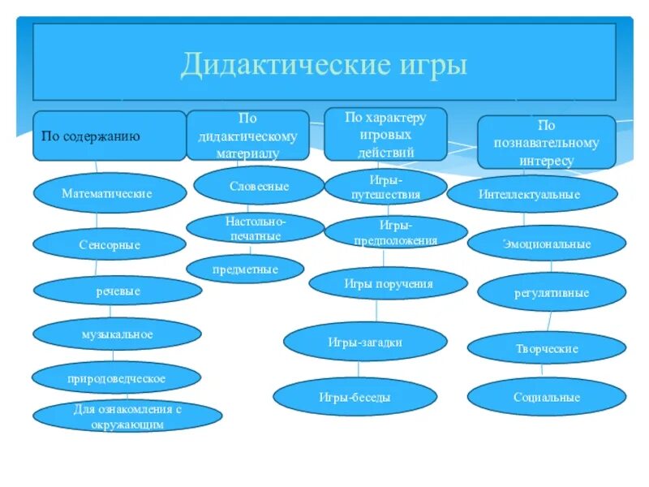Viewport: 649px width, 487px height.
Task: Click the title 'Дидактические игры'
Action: pos(324,62)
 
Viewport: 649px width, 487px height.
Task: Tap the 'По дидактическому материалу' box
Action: pos(247,135)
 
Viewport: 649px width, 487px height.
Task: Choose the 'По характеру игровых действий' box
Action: pos(385,134)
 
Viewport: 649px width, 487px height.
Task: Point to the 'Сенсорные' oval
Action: pos(110,244)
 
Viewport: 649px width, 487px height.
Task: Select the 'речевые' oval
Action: pos(118,291)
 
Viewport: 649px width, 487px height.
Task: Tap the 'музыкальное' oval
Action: pos(117,334)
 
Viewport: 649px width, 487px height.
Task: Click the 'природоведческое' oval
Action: pos(116,378)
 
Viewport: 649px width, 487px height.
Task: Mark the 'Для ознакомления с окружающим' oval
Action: pos(128,416)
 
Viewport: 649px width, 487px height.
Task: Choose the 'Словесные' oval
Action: pos(259,186)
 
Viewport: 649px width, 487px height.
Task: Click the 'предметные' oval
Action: pos(245,269)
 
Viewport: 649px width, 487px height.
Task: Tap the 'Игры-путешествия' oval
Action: pos(385,187)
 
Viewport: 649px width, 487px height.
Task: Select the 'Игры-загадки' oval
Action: pos(364,343)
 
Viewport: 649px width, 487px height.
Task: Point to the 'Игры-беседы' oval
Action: pos(355,397)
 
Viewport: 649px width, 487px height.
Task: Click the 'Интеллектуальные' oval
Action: pos(532,195)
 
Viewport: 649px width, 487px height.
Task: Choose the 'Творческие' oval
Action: pos(547,348)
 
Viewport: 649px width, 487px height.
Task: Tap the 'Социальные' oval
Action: pos(547,397)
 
